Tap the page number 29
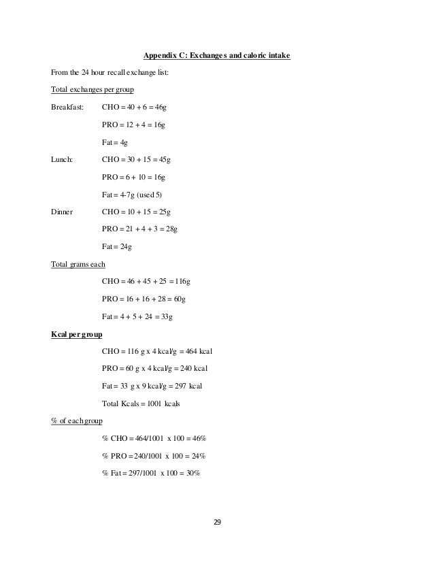pyautogui.click(x=218, y=523)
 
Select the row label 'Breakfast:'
pyautogui.click(x=67, y=107)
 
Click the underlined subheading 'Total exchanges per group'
pyautogui.click(x=90, y=89)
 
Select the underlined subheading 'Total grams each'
pyautogui.click(x=78, y=263)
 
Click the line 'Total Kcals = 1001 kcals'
pyautogui.click(x=144, y=403)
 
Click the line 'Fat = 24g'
pyautogui.click(x=116, y=247)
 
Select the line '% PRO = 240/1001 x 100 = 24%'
pyautogui.click(x=154, y=455)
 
